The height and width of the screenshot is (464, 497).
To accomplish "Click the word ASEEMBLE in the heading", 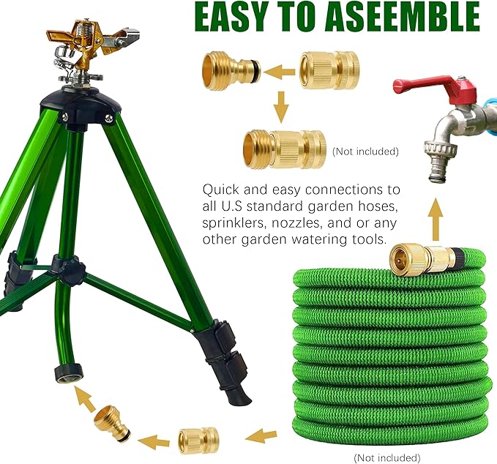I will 395,18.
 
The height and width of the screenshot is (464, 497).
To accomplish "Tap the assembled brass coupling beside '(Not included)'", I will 286,149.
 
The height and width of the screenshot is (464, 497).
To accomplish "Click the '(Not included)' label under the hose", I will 388,457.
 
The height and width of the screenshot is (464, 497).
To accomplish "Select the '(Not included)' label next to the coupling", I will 365,151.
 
